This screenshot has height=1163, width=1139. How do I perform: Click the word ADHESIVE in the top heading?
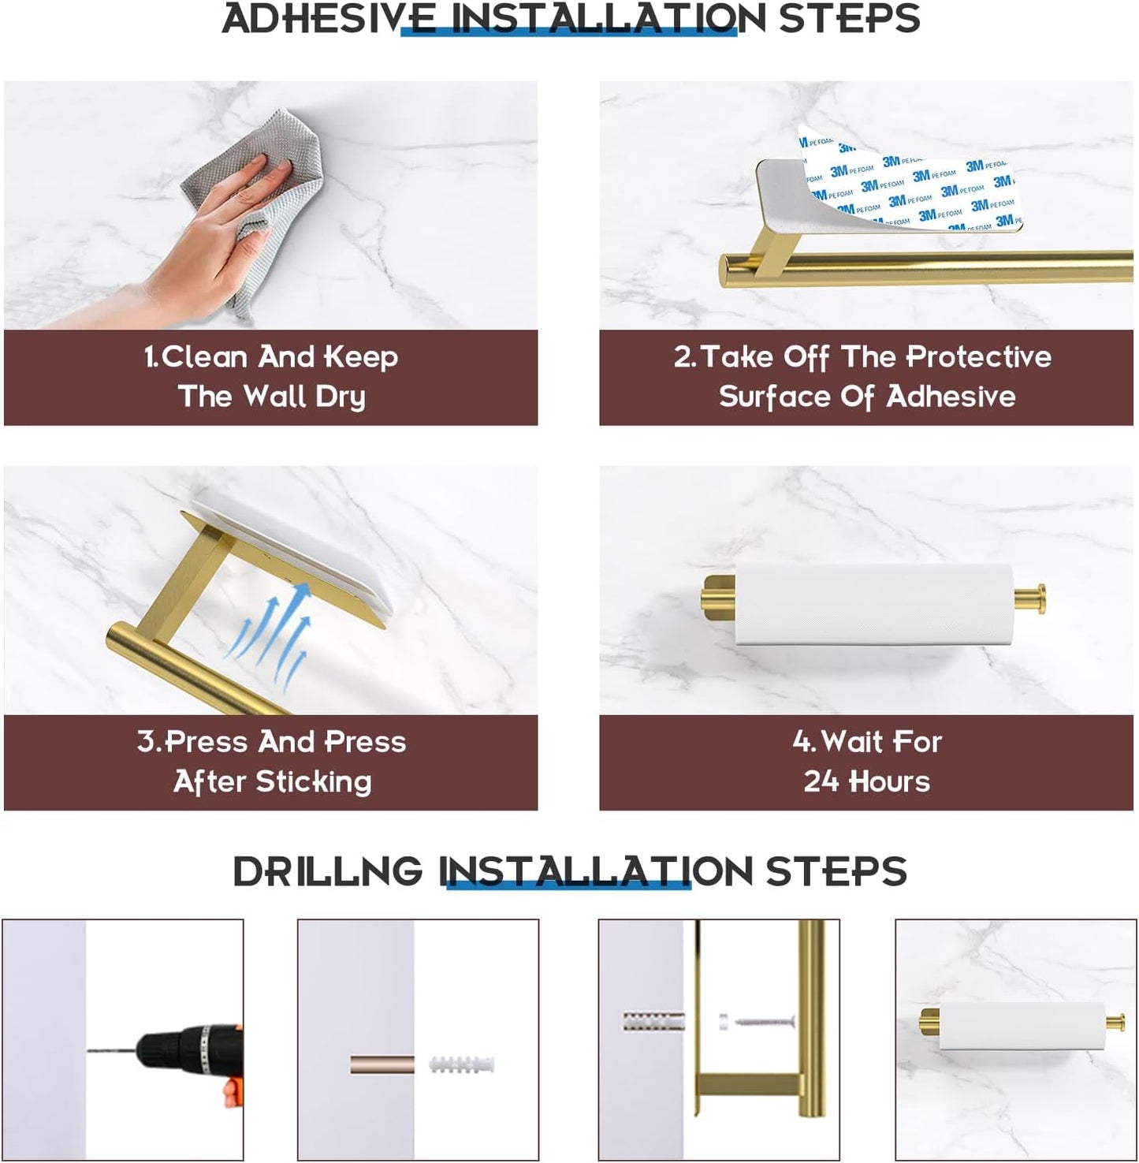coord(329,19)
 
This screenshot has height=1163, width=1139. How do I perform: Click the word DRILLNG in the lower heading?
coord(328,872)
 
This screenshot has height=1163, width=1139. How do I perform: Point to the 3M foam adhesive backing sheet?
coord(914,185)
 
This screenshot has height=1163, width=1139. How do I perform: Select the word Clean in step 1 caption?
coord(204,358)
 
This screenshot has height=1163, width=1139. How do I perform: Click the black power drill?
coord(189,1053)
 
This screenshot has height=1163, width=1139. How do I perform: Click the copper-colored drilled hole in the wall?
coord(382,1065)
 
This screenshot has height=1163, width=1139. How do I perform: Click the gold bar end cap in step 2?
coord(726,270)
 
